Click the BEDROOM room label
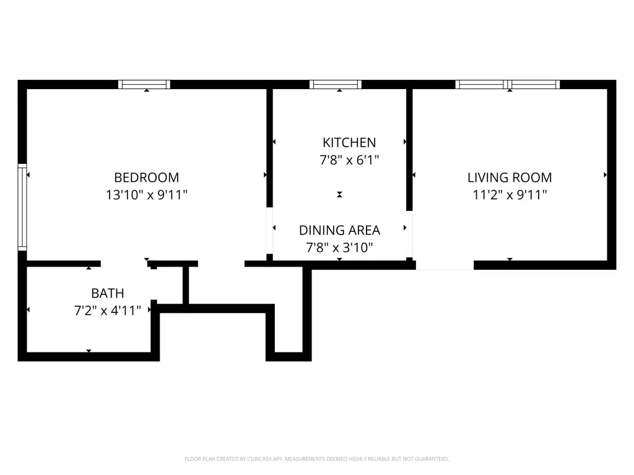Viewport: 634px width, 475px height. point(146,178)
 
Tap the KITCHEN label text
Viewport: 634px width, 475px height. point(349,143)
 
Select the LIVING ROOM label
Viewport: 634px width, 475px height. point(510,178)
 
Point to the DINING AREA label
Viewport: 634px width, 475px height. point(340,230)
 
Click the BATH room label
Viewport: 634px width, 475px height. point(108,293)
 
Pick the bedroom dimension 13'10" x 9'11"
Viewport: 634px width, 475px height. point(146,195)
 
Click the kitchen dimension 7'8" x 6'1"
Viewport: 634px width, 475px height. point(349,160)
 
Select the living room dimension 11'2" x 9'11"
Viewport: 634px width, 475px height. point(510,195)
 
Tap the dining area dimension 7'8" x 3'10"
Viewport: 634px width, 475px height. point(340,247)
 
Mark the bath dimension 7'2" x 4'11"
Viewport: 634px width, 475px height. point(108,310)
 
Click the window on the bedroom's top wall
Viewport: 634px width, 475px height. point(144,84)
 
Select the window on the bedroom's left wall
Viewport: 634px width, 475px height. point(22,207)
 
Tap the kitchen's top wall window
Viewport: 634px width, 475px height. point(336,84)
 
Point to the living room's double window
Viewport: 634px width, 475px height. point(508,84)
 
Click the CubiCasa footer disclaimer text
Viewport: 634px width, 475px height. point(316,459)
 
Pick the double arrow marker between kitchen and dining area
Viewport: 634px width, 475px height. point(340,195)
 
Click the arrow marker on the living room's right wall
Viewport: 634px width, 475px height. point(606,175)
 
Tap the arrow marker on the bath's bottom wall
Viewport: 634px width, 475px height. point(89,351)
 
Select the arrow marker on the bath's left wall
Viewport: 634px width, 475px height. point(28,310)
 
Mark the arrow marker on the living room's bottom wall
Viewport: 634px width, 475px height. point(510,259)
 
